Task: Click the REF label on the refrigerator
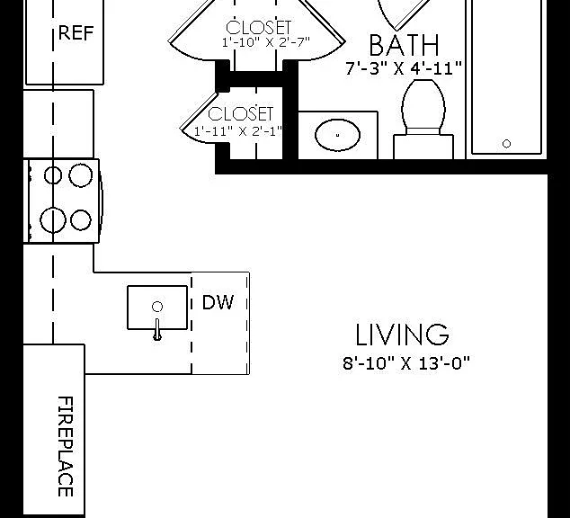pyautogui.click(x=76, y=32)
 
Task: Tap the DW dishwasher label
pyautogui.click(x=218, y=302)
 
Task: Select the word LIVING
pyautogui.click(x=402, y=335)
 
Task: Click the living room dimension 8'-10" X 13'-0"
pyautogui.click(x=406, y=362)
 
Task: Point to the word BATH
pyautogui.click(x=404, y=46)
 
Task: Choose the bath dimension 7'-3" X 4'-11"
pyautogui.click(x=404, y=68)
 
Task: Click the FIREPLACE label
pyautogui.click(x=66, y=446)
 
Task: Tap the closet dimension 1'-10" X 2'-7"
pyautogui.click(x=266, y=42)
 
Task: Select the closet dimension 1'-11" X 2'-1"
pyautogui.click(x=238, y=131)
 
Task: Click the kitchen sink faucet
pyautogui.click(x=157, y=330)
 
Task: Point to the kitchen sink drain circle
pyautogui.click(x=157, y=307)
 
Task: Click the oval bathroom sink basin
pyautogui.click(x=338, y=135)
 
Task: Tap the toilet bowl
pyautogui.click(x=423, y=104)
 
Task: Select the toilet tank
pyautogui.click(x=423, y=147)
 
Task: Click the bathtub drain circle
pyautogui.click(x=506, y=144)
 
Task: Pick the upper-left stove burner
pyautogui.click(x=53, y=176)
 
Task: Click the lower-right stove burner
pyautogui.click(x=81, y=220)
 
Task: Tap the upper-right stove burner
pyautogui.click(x=81, y=175)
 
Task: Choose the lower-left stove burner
pyautogui.click(x=53, y=220)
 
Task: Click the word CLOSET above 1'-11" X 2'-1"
pyautogui.click(x=240, y=114)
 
